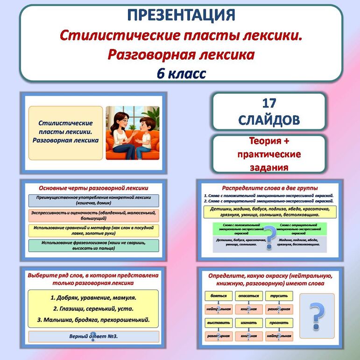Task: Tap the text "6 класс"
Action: [x=181, y=73]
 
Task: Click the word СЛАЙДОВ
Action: [x=268, y=120]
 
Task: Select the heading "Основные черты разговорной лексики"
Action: [x=93, y=187]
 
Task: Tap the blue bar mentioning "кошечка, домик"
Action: [x=93, y=200]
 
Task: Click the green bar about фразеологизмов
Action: [x=93, y=245]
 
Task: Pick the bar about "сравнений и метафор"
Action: [x=93, y=230]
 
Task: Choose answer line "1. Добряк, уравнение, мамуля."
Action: [x=93, y=297]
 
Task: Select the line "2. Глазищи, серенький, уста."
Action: [x=93, y=309]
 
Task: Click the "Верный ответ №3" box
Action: [x=93, y=337]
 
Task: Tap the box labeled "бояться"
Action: [x=219, y=296]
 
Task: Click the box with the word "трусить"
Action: [x=279, y=296]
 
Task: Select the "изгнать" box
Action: [x=249, y=323]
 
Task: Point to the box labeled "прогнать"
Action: [x=279, y=323]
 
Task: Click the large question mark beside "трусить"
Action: [x=317, y=316]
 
